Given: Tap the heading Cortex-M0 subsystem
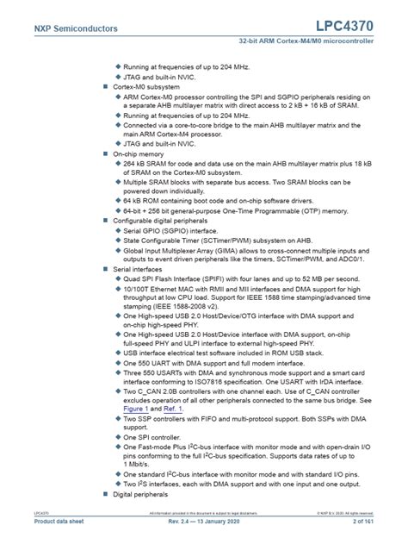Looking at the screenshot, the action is (x=146, y=87).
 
